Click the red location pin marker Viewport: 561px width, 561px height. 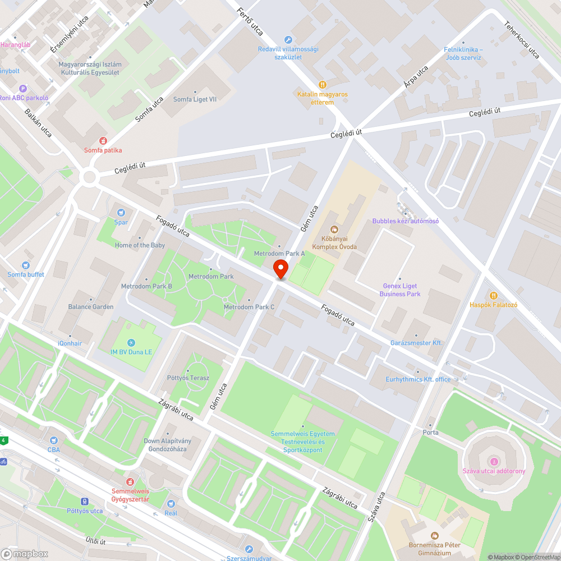tap(280, 269)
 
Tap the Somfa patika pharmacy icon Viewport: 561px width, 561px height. tap(103, 141)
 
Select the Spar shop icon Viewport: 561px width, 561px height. tap(121, 213)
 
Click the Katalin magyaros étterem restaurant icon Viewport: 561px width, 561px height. tap(322, 85)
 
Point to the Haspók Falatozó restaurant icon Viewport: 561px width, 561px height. tap(493, 296)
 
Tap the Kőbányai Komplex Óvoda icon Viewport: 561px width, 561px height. tap(334, 229)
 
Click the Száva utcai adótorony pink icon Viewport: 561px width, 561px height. tap(494, 461)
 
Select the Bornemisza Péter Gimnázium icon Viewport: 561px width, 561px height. tap(434, 536)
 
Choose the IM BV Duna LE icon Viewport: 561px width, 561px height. tap(131, 343)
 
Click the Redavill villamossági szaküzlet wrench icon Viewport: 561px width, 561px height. tap(288, 39)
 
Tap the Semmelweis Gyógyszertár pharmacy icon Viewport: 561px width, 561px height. tap(130, 481)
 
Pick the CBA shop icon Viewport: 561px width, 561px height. tap(54, 440)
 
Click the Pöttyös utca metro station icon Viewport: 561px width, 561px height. tap(85, 502)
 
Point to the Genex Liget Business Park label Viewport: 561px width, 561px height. tap(400, 290)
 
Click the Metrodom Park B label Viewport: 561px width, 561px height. tap(146, 286)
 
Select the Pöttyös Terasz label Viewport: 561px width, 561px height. tap(188, 378)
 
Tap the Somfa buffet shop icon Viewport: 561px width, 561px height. tap(26, 265)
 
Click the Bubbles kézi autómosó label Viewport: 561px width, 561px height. tap(406, 221)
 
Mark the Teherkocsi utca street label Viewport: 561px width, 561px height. tap(522, 40)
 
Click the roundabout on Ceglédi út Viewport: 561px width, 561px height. tap(89, 178)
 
